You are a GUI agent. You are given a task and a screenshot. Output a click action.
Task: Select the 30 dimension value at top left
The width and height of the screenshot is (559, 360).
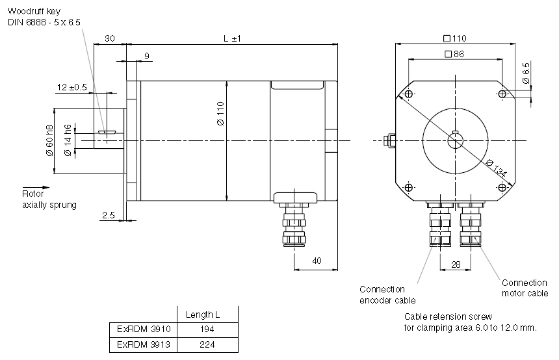109,39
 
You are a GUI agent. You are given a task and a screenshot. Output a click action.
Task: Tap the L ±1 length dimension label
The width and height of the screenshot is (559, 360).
232,39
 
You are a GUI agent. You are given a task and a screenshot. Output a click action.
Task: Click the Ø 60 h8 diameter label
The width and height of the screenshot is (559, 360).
49,140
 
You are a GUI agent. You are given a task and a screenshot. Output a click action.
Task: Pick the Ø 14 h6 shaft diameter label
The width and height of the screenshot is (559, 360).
68,140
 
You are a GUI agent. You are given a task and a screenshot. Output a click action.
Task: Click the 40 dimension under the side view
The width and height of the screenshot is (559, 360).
317,261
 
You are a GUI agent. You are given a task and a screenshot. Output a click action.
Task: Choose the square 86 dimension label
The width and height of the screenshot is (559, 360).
454,55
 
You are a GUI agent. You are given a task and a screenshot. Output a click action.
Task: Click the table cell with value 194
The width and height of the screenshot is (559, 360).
208,329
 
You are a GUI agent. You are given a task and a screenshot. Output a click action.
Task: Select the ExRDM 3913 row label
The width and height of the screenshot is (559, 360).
144,344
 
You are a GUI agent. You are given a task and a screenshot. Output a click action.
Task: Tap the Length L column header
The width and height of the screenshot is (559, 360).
203,315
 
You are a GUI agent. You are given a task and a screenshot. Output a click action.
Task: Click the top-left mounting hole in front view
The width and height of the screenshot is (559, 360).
408,95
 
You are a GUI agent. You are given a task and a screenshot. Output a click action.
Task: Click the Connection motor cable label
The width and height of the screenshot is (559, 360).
525,288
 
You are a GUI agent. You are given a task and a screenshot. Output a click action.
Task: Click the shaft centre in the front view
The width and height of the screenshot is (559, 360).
455,140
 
